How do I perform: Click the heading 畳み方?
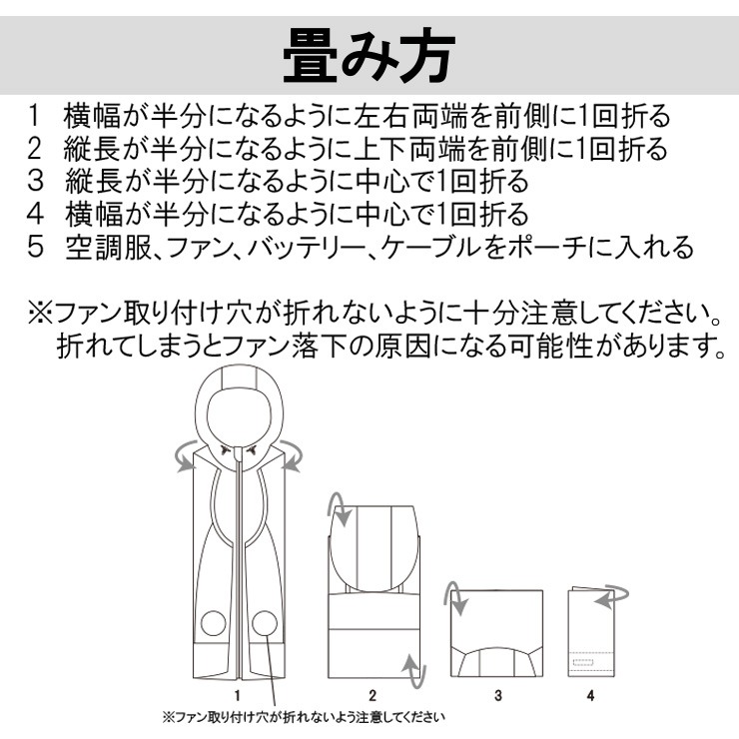369,56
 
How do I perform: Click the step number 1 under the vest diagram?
238,695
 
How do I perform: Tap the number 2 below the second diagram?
372,695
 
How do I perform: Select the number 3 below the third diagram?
498,695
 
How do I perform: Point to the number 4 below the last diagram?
590,695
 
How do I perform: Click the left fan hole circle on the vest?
214,623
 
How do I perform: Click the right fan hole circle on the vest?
265,623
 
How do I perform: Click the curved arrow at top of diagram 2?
339,509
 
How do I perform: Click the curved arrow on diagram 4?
613,597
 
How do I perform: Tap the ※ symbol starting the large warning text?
41,314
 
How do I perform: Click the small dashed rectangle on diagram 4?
583,663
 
